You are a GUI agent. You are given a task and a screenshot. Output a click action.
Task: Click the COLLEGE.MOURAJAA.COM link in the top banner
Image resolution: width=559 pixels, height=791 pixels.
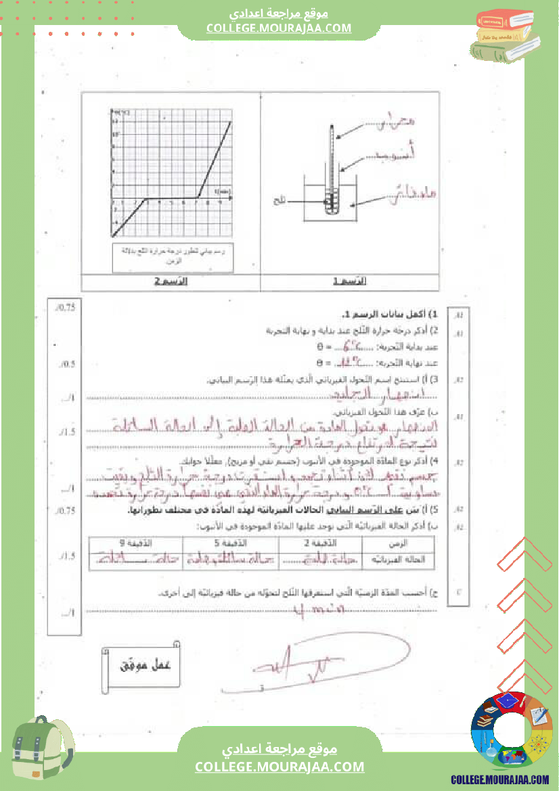pyautogui.click(x=279, y=28)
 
